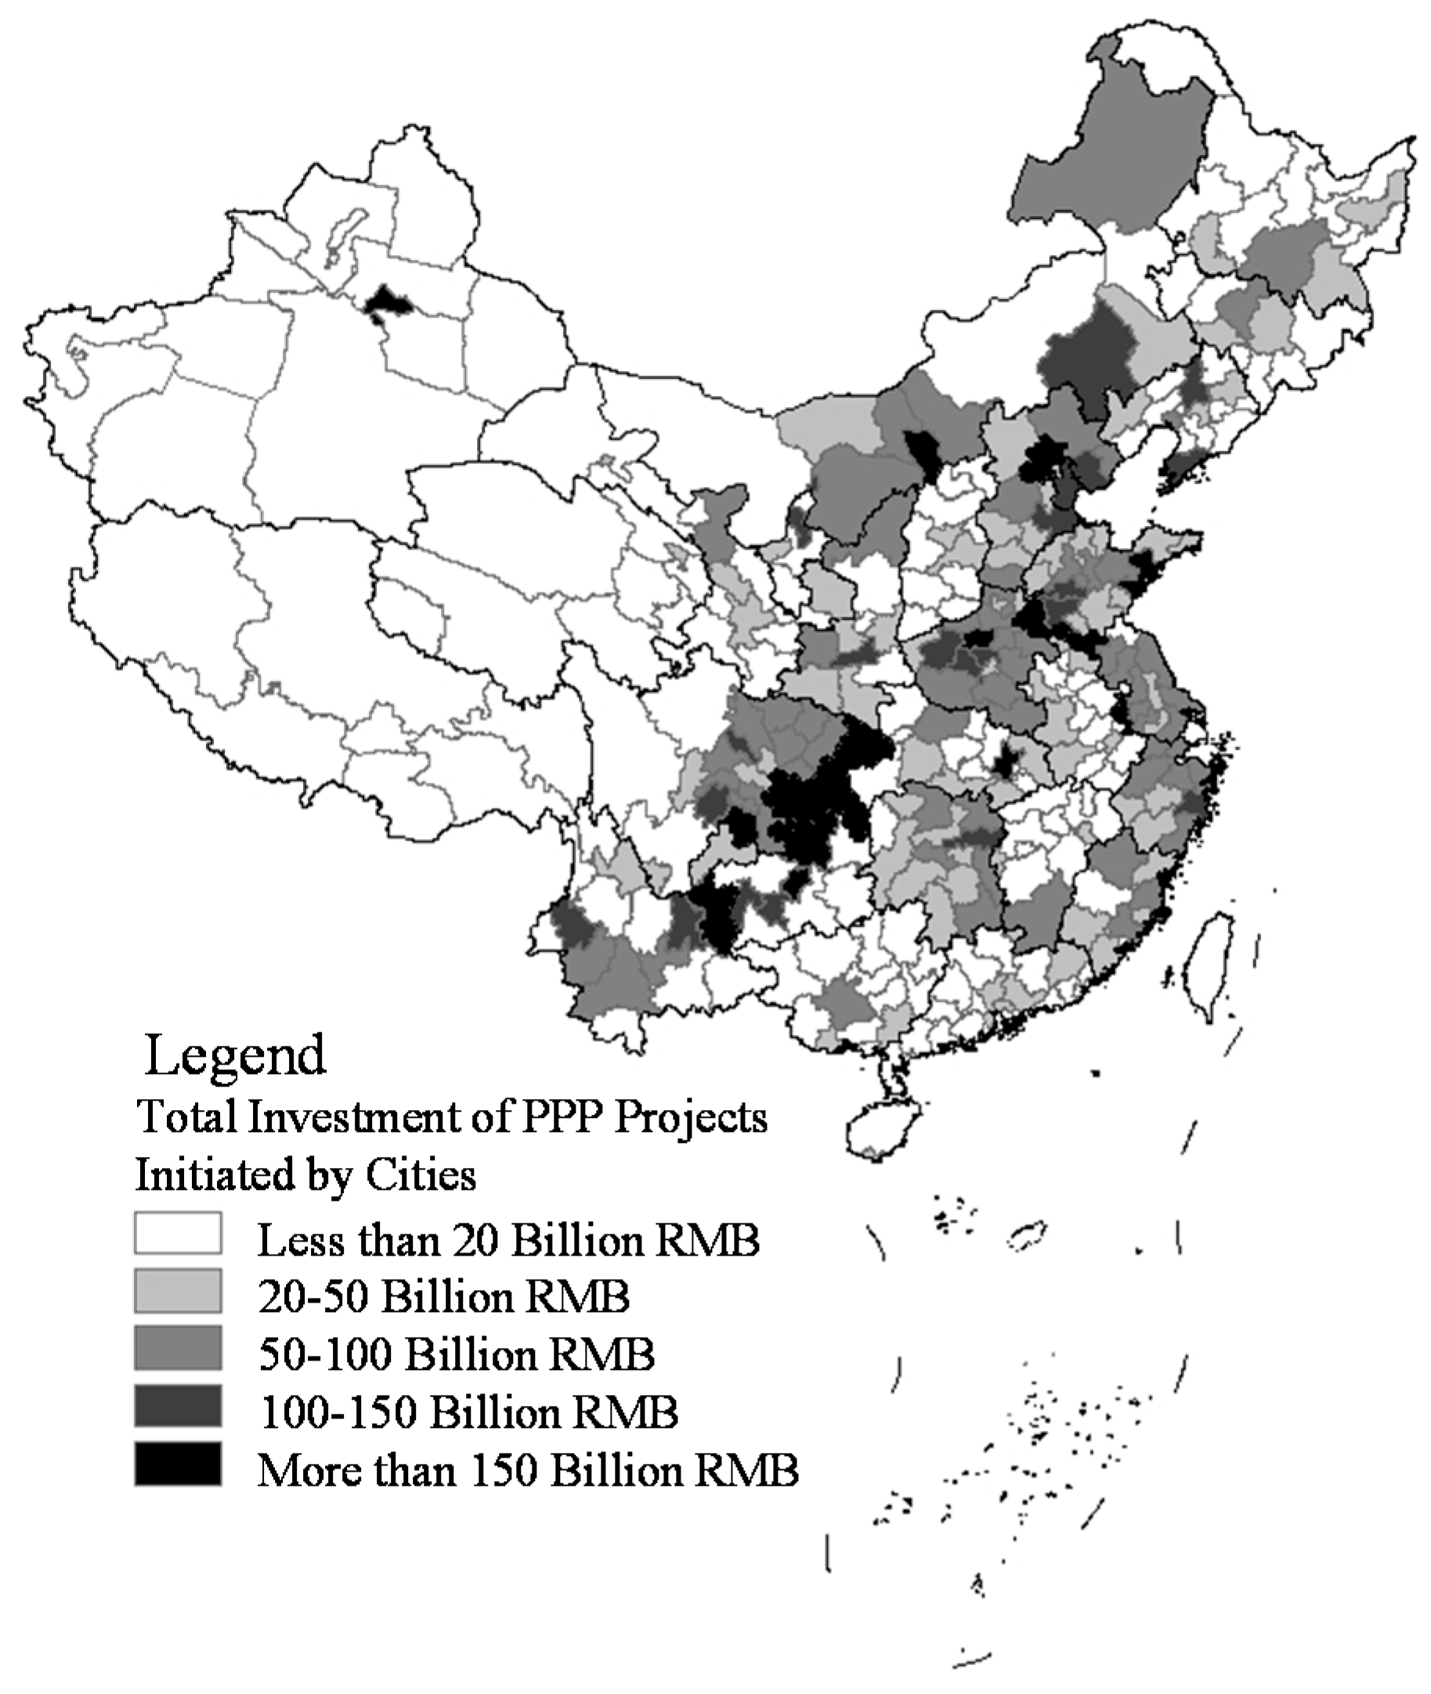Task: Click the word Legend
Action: coord(235,1056)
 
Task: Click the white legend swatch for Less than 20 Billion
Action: coord(178,1234)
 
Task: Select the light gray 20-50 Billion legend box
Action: coord(178,1290)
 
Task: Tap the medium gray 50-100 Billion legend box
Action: coord(178,1348)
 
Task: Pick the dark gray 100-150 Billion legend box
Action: coord(178,1405)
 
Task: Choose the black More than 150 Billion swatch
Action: coord(178,1464)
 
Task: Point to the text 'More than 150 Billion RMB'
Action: coord(528,1469)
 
